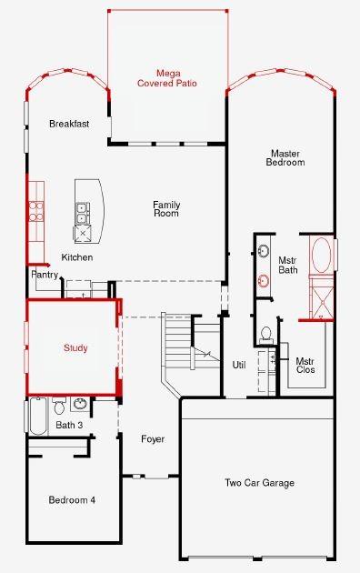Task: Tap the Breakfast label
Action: coord(69,124)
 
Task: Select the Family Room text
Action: coord(165,208)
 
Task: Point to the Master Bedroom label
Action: coord(285,157)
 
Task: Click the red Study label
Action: coord(75,348)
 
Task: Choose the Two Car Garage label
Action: coord(259,483)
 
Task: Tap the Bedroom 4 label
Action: coord(72,500)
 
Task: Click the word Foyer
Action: coord(153,439)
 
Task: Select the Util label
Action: coord(239,365)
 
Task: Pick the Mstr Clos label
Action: coord(305,366)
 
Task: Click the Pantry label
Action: coord(45,274)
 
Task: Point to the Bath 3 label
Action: coord(69,425)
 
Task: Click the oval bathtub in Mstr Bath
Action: coord(321,256)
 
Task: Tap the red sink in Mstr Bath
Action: coord(263,279)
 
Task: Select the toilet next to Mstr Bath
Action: coord(265,334)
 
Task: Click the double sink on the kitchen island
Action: coord(83,213)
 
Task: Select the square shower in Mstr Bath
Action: coord(320,299)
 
